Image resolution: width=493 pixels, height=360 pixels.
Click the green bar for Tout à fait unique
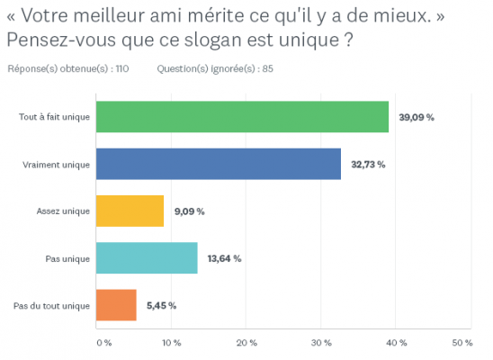point(242,117)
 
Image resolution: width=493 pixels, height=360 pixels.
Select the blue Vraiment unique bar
point(219,164)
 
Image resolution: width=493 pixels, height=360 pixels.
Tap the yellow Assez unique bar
point(130,211)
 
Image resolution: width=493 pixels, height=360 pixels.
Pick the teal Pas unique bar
point(147,258)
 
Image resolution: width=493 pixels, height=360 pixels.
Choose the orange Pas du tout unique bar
point(116,305)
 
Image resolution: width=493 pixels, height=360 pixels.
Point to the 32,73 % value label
point(368,165)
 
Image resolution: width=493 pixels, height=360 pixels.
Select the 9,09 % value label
point(188,211)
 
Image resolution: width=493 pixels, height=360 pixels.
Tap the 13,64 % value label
point(224,258)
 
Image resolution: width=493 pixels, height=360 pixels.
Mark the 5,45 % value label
point(161,305)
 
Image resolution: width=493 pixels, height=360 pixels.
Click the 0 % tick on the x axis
point(103,343)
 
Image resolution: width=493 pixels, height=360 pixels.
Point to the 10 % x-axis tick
point(172,343)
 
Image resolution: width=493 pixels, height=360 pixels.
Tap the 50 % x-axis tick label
point(462,343)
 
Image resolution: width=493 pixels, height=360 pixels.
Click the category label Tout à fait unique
point(54,118)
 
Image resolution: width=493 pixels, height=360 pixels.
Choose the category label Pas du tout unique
point(52,306)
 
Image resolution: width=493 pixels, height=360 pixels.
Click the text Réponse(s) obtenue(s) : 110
point(67,68)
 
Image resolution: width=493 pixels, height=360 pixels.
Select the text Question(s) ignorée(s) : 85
point(215,68)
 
